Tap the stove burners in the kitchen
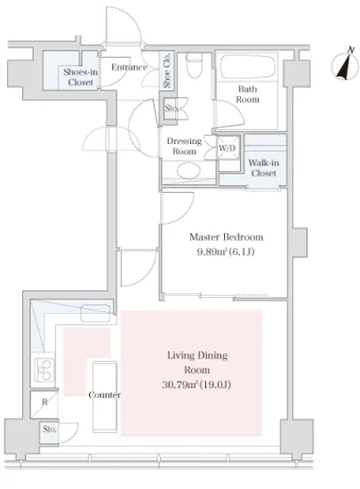coord(44,370)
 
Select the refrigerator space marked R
coord(44,405)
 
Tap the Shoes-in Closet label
coord(79,76)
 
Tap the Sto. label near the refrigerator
coord(49,429)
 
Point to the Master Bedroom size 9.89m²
coord(208,252)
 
